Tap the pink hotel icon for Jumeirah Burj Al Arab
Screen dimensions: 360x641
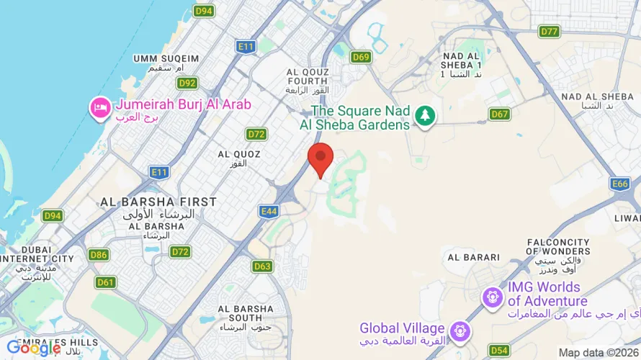(x=99, y=107)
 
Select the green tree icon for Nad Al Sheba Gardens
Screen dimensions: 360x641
(x=426, y=115)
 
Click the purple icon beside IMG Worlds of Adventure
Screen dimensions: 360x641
(x=493, y=296)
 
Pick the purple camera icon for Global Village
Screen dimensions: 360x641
(x=458, y=332)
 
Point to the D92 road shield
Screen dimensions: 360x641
(x=188, y=84)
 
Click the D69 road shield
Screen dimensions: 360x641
(x=362, y=56)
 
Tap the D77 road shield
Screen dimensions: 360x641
(x=550, y=32)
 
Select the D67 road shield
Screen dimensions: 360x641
(x=499, y=114)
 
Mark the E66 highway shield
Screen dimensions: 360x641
(x=620, y=184)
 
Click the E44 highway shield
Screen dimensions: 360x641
(x=269, y=211)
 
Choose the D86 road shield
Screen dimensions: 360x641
(x=99, y=254)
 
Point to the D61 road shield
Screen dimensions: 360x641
(x=105, y=282)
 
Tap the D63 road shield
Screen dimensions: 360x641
(x=262, y=266)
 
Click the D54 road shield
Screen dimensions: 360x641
(x=499, y=350)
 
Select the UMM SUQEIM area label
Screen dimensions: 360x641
(x=166, y=58)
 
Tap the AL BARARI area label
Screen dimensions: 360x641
(x=473, y=257)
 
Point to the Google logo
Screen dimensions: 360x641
(x=34, y=348)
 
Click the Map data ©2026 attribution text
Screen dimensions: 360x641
(x=597, y=353)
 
